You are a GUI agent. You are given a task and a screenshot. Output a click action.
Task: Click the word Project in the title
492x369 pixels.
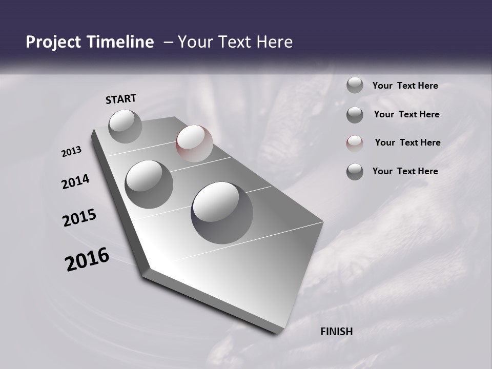tap(50, 43)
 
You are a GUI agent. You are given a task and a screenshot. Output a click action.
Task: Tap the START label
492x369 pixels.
tap(121, 99)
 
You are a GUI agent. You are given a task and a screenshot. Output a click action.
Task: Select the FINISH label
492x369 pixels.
tap(336, 332)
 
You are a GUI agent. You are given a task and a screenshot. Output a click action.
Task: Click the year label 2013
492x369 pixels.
tap(72, 152)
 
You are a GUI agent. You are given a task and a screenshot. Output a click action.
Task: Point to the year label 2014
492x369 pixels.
tap(75, 182)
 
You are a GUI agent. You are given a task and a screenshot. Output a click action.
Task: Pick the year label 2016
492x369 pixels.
tap(87, 259)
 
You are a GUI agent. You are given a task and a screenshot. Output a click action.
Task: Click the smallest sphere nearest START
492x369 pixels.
tap(125, 126)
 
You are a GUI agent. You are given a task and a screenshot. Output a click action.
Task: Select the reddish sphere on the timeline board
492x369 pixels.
tap(194, 143)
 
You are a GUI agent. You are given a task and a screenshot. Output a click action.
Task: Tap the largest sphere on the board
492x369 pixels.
tap(222, 212)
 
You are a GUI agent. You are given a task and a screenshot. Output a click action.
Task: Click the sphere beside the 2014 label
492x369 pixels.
tap(149, 184)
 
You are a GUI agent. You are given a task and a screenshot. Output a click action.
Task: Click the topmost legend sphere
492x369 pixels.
tap(355, 85)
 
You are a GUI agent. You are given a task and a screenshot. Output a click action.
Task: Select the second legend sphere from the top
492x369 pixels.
tap(355, 115)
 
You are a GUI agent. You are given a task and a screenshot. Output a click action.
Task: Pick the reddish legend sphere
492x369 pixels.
tap(355, 143)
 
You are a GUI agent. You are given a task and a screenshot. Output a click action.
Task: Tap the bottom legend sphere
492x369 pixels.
tap(355, 172)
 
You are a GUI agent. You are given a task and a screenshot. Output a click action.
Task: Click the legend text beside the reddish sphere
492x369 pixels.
tap(407, 142)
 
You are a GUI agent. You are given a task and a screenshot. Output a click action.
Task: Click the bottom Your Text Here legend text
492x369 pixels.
tap(405, 171)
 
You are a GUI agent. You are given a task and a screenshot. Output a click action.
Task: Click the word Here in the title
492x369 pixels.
tap(275, 43)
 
